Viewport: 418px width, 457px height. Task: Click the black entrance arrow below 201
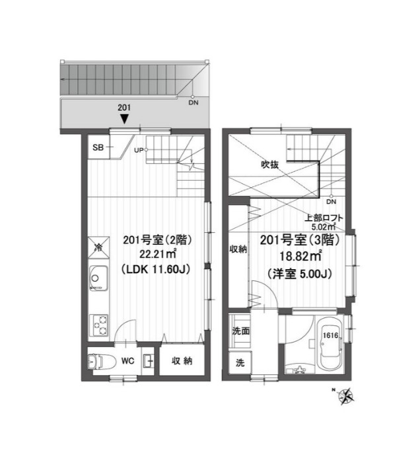click(x=125, y=118)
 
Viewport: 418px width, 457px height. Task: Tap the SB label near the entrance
click(x=98, y=147)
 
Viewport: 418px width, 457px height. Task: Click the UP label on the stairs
click(x=139, y=150)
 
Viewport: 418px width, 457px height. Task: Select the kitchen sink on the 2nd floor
click(x=98, y=278)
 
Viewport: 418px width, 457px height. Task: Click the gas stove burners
click(x=98, y=325)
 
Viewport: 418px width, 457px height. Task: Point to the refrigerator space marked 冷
click(x=98, y=248)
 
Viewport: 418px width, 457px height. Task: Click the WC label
click(x=128, y=361)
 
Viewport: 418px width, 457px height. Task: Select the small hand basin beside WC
click(x=148, y=361)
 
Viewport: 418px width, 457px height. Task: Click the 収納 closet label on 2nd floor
click(x=182, y=361)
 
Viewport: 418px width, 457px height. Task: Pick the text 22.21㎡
click(x=158, y=254)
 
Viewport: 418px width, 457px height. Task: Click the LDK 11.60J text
click(x=156, y=269)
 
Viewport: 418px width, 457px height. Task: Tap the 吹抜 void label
click(x=269, y=165)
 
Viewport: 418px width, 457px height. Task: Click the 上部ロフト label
click(x=324, y=218)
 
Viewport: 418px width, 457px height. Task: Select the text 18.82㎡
click(x=300, y=257)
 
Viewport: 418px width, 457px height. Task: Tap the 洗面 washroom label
click(x=241, y=331)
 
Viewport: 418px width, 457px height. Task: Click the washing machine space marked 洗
click(x=240, y=362)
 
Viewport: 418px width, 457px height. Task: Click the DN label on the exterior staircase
click(x=193, y=103)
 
